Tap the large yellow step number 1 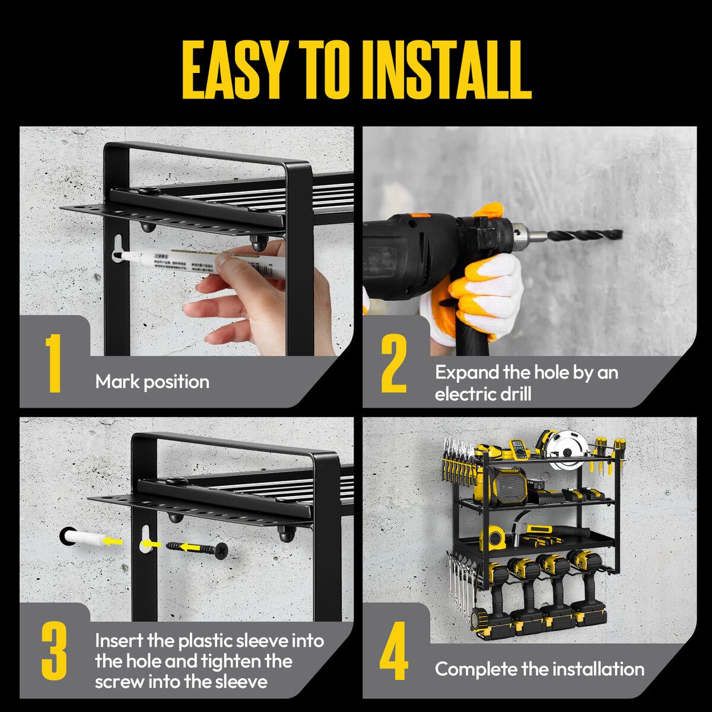coord(55,363)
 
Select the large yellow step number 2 coord(394,363)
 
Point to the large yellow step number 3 coord(55,651)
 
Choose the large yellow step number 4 coord(394,651)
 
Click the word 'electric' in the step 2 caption coord(464,395)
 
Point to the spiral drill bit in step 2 coord(584,234)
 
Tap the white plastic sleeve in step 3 coord(84,540)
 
